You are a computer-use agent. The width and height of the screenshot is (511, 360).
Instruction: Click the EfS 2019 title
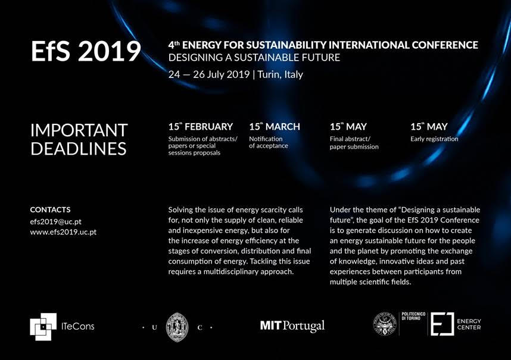[86, 51]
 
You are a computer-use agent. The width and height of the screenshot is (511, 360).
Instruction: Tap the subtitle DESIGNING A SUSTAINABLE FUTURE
[254, 58]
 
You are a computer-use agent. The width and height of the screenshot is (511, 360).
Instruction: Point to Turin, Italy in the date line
[281, 74]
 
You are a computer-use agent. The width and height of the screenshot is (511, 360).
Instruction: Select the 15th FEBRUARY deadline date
[201, 126]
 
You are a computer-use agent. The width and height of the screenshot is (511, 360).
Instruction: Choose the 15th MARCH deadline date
[275, 126]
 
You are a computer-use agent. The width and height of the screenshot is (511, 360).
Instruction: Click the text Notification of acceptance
[269, 142]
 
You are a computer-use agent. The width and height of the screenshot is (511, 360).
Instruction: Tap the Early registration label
[434, 139]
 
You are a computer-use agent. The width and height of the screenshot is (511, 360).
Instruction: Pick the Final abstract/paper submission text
[354, 143]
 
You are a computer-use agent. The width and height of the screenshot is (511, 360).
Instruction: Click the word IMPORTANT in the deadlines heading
[79, 130]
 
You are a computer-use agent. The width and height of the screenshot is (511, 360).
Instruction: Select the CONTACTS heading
[50, 209]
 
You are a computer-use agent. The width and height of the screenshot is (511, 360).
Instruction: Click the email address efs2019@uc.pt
[55, 222]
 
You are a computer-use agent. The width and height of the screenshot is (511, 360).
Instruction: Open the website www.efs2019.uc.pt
[63, 232]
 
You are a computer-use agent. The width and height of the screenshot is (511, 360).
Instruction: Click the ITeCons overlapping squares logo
[43, 327]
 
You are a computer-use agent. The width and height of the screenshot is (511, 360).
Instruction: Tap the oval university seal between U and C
[177, 327]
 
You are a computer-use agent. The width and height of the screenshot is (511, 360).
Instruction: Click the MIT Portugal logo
[292, 326]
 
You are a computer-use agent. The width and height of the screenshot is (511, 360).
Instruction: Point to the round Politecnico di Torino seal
[385, 323]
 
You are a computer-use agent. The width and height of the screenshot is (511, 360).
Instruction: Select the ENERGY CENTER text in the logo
[469, 324]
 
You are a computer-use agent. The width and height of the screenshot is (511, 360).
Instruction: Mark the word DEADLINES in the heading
[78, 149]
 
